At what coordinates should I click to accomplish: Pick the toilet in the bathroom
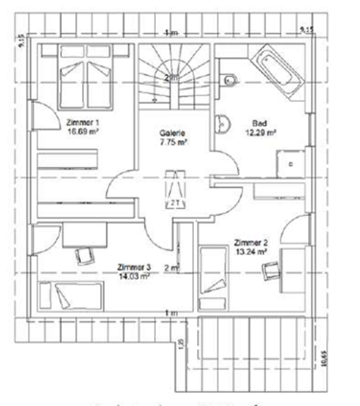[x=229, y=79]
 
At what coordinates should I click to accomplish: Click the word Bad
[x=259, y=124]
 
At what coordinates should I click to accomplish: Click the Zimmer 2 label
[x=251, y=242]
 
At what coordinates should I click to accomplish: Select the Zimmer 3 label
[x=131, y=267]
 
